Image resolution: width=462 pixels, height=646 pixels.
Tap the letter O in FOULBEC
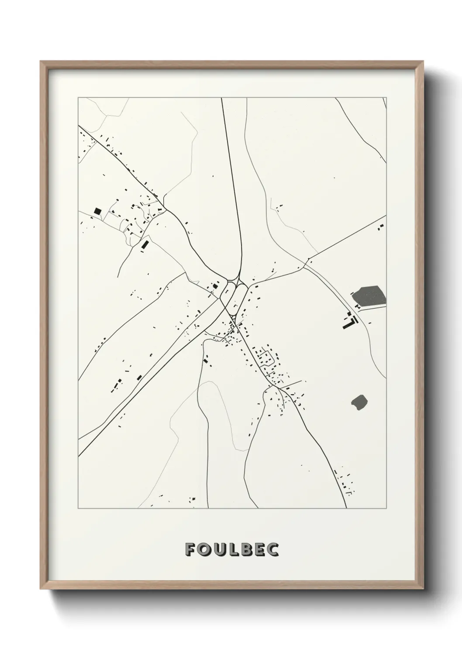[203, 550]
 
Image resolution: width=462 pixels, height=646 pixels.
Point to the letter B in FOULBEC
[245, 550]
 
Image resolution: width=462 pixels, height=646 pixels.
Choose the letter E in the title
[259, 550]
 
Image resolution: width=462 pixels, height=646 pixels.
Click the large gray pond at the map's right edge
[369, 296]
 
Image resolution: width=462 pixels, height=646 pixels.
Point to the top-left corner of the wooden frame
[41, 62]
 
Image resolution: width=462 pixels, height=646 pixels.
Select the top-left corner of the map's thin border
[78, 98]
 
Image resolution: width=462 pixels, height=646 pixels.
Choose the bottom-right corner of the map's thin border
[387, 509]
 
